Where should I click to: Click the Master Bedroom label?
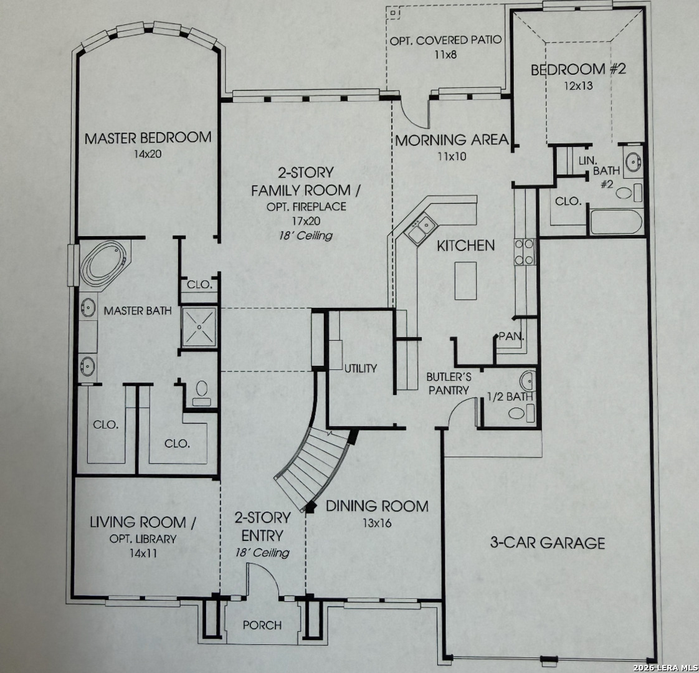(148, 138)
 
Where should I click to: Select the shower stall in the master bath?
(199, 327)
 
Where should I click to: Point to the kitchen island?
(465, 280)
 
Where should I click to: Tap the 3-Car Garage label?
(548, 543)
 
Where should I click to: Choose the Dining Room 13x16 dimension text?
(377, 523)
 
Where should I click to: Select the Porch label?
(262, 625)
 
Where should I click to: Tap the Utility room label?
(361, 368)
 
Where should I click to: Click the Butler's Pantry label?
(449, 384)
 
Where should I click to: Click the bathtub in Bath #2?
(616, 222)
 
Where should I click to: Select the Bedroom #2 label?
(578, 69)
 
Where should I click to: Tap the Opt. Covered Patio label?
(446, 41)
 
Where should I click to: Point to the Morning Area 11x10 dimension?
(452, 156)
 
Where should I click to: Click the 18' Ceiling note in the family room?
(306, 236)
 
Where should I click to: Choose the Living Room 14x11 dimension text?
(143, 553)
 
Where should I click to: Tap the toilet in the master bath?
(202, 393)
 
